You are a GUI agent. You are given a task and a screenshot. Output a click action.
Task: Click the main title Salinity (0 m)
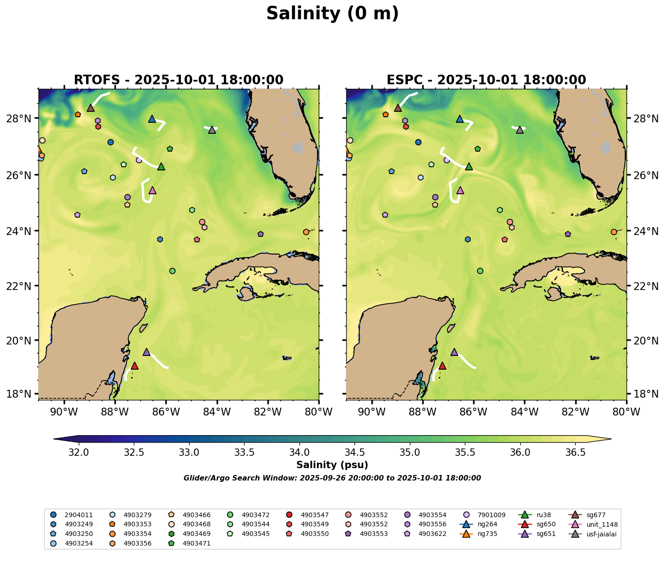[332, 14]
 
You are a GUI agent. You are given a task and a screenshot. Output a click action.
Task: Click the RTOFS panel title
[179, 80]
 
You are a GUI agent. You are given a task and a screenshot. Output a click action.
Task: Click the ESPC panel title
[486, 80]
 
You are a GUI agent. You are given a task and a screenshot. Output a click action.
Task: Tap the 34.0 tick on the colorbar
[300, 453]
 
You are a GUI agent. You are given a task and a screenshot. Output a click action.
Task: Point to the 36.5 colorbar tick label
[575, 453]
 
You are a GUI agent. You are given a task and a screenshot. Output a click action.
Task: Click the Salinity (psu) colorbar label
[332, 465]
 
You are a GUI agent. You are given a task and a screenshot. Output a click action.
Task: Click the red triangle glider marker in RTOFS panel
[135, 366]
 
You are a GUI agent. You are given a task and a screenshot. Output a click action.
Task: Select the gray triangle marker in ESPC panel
[520, 130]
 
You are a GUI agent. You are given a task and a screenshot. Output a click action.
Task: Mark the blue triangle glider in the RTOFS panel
[152, 119]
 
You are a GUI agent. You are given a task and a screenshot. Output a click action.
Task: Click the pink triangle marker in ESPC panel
[460, 190]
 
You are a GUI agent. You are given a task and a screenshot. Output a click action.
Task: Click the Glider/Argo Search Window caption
[332, 478]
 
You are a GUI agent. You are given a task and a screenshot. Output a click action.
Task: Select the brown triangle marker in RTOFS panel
[91, 108]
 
